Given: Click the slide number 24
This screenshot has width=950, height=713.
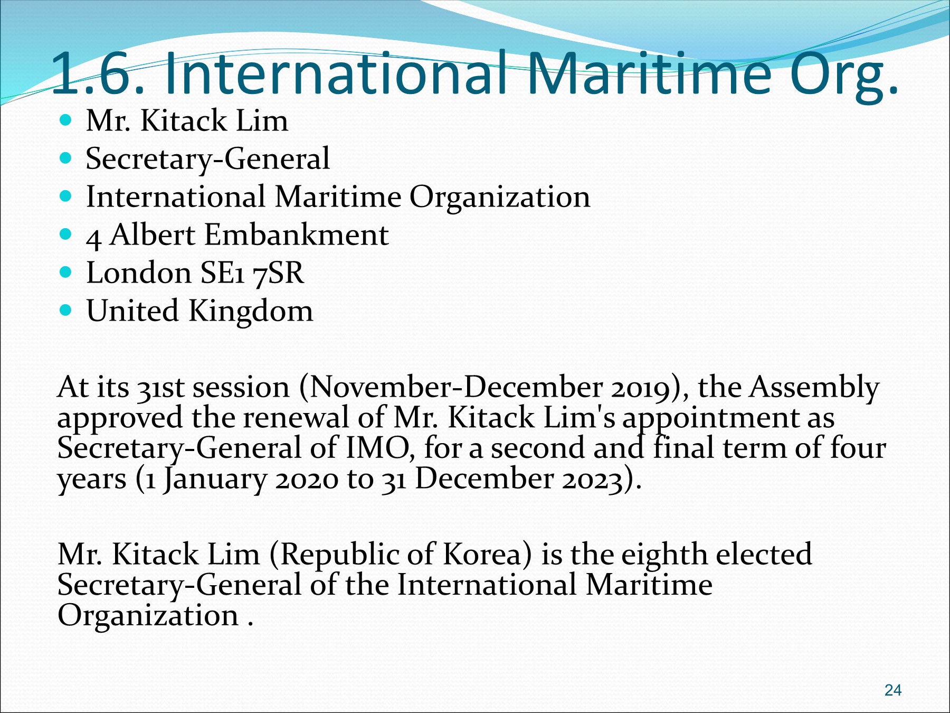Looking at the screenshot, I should click(893, 690).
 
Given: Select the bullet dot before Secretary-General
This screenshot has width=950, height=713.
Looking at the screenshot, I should click(65, 158).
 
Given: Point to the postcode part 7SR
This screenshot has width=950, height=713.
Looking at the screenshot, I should click(278, 273).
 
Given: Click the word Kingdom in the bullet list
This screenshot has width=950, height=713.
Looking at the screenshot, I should click(251, 311).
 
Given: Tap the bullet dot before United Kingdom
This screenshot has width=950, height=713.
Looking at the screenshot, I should click(65, 310).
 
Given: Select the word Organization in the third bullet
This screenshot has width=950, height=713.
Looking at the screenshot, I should click(500, 197).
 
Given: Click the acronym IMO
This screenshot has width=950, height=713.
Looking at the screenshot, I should click(377, 448).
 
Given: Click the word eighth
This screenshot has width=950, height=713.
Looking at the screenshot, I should click(664, 555).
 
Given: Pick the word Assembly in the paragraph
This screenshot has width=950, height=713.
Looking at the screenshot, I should click(814, 387).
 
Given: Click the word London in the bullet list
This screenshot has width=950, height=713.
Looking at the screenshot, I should click(139, 273).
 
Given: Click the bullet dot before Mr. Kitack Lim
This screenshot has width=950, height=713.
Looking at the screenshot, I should click(65, 120).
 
